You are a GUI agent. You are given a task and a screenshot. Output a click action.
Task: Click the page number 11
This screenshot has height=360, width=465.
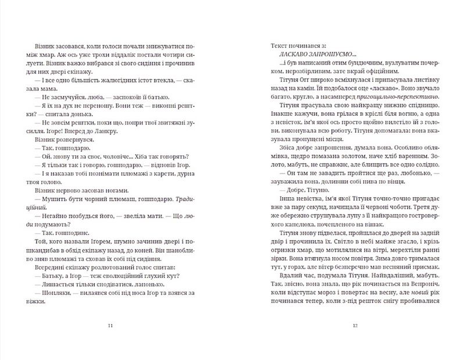coord(110,326)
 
